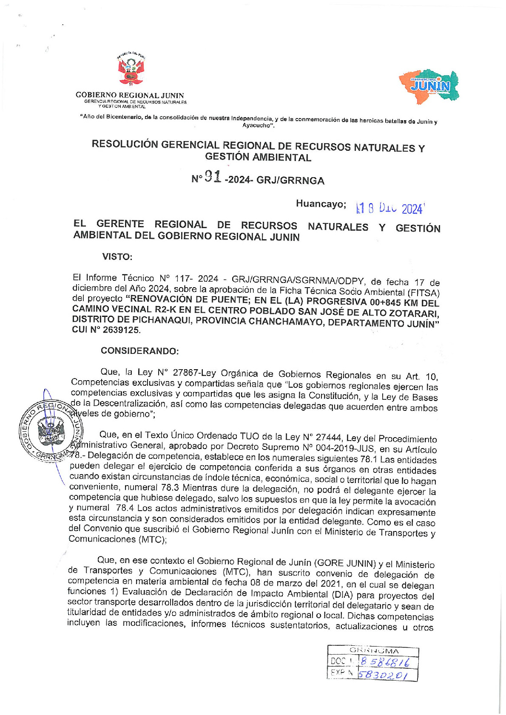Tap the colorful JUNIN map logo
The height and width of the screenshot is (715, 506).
pyautogui.click(x=429, y=87)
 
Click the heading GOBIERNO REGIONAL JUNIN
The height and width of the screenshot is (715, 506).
pyautogui.click(x=130, y=96)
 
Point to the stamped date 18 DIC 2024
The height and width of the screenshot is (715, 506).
pyautogui.click(x=390, y=208)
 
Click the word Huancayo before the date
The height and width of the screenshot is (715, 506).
pyautogui.click(x=321, y=204)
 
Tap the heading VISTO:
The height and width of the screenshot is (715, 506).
pyautogui.click(x=117, y=257)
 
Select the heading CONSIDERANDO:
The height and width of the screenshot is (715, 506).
pyautogui.click(x=139, y=351)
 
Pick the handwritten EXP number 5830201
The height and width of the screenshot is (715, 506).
pyautogui.click(x=383, y=674)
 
